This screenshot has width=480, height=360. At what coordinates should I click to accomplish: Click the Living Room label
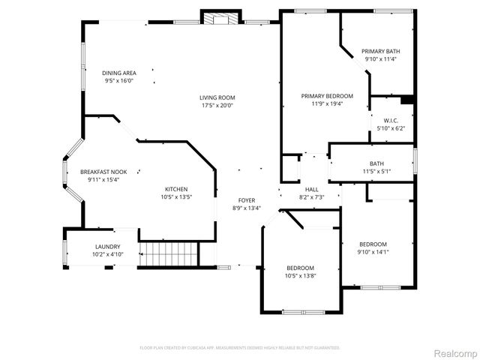pos(217,97)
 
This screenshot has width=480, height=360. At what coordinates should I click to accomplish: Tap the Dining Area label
pos(119,73)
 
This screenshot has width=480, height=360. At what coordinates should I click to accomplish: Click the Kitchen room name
pos(176,189)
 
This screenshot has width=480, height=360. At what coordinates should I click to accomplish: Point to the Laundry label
pos(107,246)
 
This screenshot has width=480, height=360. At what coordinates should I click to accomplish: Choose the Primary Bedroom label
pos(327,96)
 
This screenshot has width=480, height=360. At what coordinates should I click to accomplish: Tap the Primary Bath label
pos(381,51)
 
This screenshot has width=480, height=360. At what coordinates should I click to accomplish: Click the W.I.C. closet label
pos(390,120)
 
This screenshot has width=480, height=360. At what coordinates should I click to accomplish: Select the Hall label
pos(311,189)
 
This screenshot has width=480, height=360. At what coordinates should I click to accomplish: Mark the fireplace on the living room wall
pos(222,18)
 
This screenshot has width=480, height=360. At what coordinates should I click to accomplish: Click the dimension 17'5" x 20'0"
pos(217,106)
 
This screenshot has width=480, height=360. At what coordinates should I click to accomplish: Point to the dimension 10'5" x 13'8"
pos(300,276)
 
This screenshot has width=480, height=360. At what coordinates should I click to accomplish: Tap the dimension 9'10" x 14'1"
pos(373,252)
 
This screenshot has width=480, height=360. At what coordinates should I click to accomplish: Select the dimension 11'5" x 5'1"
pos(376,172)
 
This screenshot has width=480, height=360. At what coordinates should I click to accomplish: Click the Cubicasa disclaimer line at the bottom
pos(240,348)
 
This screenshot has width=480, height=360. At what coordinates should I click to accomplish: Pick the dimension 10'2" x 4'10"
pos(107,254)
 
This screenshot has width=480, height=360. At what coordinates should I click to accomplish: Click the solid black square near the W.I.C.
pos(407,99)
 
